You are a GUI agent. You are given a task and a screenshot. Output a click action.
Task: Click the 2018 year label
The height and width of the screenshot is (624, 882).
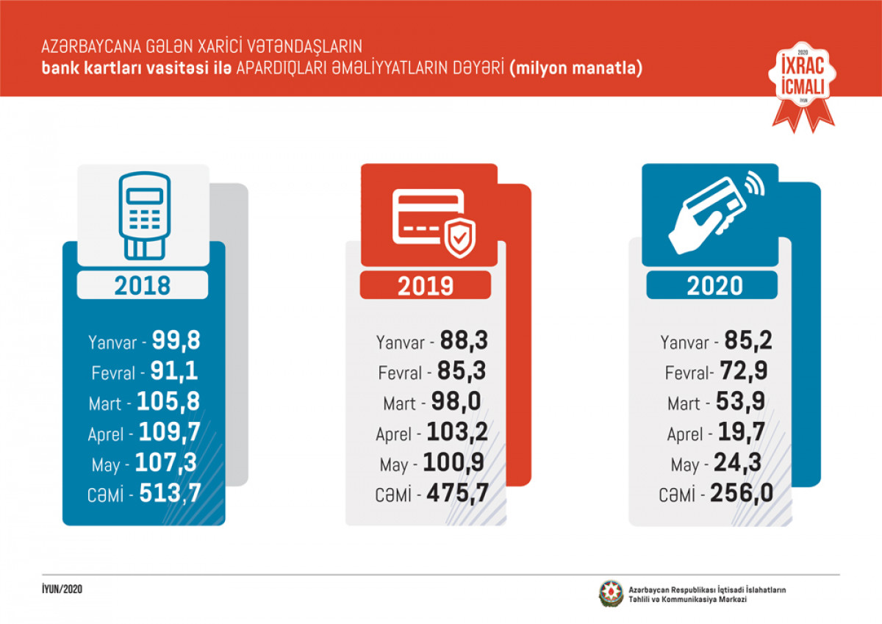coord(142,284)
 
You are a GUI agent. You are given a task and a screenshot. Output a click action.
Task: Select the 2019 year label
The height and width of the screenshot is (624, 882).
coord(426,285)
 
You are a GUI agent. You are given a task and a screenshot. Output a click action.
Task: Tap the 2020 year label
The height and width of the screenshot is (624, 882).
coord(714,285)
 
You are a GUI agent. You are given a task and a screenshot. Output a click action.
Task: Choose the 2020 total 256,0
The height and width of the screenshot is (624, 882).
coord(742,494)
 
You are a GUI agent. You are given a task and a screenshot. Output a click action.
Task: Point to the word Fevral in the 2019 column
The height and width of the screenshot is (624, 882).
coord(401,373)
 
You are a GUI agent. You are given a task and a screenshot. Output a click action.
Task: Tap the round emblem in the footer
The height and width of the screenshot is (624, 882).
coord(610,594)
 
